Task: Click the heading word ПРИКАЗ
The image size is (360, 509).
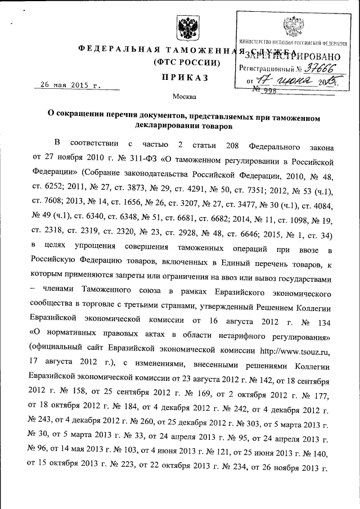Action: click(183, 78)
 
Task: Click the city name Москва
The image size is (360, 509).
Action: click(183, 96)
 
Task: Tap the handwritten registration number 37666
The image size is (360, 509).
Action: click(313, 67)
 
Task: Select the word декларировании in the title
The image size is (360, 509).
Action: click(165, 127)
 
